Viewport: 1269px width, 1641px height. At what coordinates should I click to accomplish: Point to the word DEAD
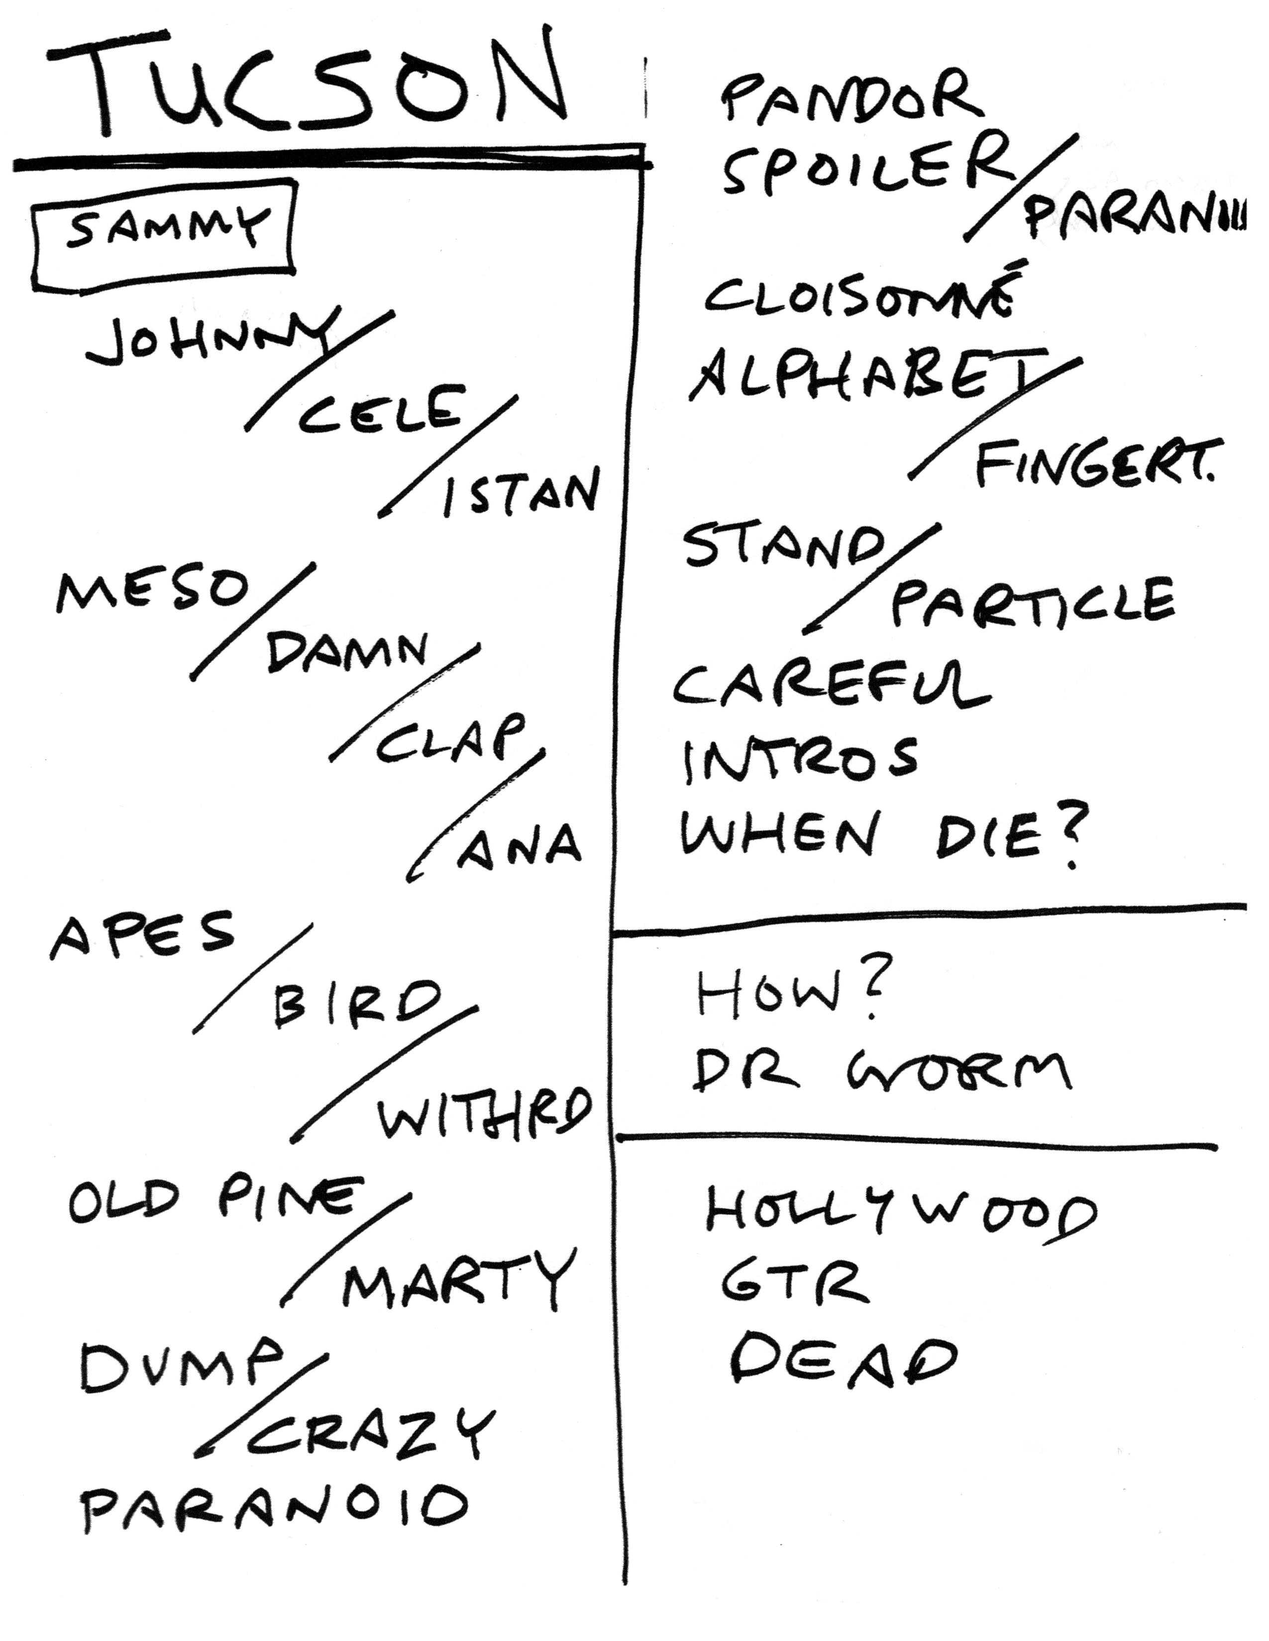point(842,1359)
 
